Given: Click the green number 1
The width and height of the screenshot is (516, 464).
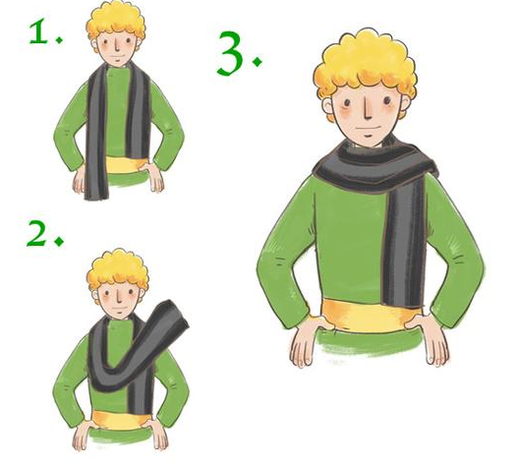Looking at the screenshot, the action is (38, 31).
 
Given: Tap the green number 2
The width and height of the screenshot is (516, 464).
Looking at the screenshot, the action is (36, 233).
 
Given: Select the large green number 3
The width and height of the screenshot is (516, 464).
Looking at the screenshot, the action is (230, 53).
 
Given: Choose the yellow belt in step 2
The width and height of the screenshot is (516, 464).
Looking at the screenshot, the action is (121, 420).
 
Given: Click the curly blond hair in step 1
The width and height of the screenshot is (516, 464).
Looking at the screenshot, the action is (116, 21).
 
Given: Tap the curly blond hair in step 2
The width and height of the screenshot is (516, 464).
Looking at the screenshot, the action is (118, 269).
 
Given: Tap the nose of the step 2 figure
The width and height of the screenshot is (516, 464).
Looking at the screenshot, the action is (119, 296).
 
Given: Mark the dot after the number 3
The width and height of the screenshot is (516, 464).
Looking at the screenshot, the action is (257, 61).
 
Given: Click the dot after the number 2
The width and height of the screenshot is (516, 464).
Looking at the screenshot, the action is (60, 241).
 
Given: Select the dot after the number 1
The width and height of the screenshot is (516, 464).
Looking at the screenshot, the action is (59, 40).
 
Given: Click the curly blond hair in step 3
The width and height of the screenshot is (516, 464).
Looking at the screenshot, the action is (366, 63).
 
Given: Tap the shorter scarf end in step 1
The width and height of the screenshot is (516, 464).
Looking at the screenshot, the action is (138, 112).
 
